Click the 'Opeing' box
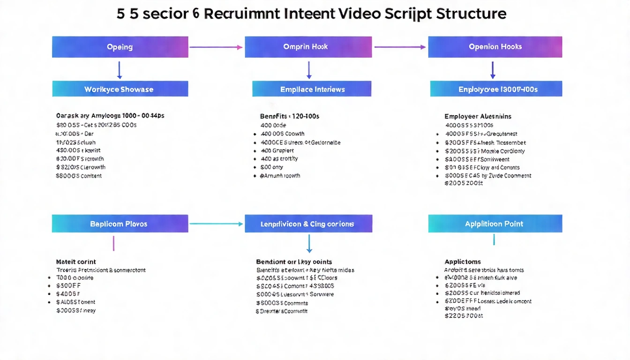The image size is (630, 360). (120, 47)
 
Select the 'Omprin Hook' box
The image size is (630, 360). (308, 47)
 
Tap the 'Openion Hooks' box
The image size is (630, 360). (495, 47)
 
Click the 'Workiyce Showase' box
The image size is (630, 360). (120, 89)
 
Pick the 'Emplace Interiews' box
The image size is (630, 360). (312, 89)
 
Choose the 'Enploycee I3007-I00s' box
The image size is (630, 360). (496, 89)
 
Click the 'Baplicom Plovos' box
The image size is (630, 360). (120, 224)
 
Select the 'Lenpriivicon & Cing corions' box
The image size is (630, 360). (308, 224)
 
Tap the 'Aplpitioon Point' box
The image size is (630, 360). (495, 224)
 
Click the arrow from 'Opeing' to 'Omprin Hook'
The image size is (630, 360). (216, 47)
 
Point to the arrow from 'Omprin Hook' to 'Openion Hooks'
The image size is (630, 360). (400, 47)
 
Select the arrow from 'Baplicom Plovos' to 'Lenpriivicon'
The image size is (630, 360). (216, 224)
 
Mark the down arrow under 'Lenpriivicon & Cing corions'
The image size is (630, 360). (309, 244)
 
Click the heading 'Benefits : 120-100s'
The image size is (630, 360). (289, 116)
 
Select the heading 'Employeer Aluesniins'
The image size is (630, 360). (478, 116)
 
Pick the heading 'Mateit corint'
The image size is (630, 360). (76, 262)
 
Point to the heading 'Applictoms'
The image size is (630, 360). (463, 262)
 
